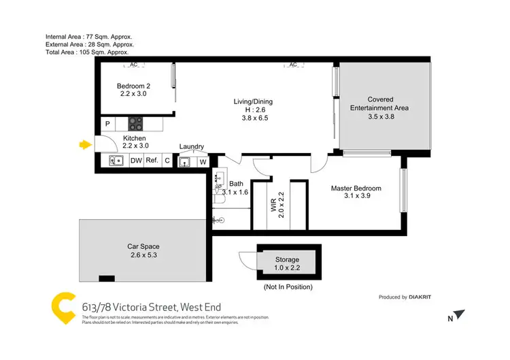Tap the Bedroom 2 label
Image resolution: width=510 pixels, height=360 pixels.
133,90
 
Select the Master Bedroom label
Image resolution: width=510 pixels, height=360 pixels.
356,192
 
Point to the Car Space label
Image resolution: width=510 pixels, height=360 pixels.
143,251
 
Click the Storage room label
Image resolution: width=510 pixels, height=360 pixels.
286,264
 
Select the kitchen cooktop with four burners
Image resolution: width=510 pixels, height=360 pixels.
136,125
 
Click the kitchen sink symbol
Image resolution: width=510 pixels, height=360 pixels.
116,161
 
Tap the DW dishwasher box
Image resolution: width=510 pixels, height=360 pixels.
136,161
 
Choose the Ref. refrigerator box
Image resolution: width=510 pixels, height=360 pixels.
152,161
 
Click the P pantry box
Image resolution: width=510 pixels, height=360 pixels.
107,125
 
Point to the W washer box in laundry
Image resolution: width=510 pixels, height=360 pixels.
203,162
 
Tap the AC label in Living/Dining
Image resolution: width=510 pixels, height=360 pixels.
293,65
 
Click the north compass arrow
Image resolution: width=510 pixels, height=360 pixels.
461,315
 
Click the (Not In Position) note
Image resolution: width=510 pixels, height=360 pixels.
288,287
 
